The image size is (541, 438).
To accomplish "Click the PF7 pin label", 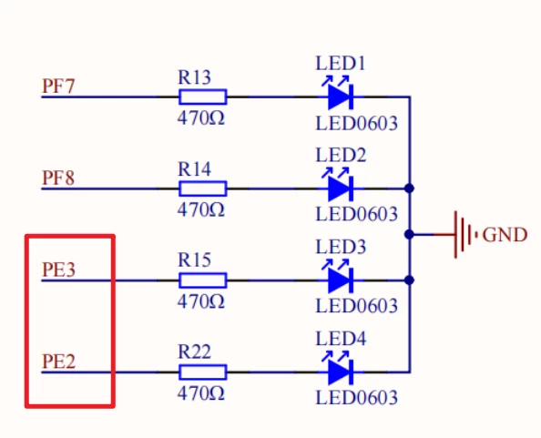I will pyautogui.click(x=58, y=87).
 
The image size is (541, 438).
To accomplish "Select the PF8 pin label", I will pyautogui.click(x=58, y=177).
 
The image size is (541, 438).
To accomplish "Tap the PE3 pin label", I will pyautogui.click(x=58, y=270).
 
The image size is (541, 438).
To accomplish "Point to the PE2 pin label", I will pyautogui.click(x=58, y=361).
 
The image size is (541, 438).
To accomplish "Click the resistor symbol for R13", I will pyautogui.click(x=202, y=97).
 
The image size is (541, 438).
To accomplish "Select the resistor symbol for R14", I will pyautogui.click(x=202, y=188).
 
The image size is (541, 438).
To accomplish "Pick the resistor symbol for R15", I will pyautogui.click(x=202, y=280).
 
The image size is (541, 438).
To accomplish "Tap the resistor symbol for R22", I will pyautogui.click(x=202, y=372).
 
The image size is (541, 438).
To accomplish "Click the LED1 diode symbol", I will pyautogui.click(x=340, y=96).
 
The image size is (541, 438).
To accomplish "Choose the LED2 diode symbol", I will pyautogui.click(x=340, y=188).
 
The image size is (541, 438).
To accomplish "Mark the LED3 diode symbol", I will pyautogui.click(x=340, y=280).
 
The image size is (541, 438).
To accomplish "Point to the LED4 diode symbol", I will pyautogui.click(x=340, y=371).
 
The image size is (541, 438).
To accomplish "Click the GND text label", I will pyautogui.click(x=505, y=235).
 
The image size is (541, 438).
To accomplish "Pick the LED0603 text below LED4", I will pyautogui.click(x=356, y=398).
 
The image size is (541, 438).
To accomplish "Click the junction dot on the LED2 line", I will pyautogui.click(x=411, y=188).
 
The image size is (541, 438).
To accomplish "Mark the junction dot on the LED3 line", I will pyautogui.click(x=411, y=280).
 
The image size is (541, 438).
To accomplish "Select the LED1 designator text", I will pyautogui.click(x=341, y=64).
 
